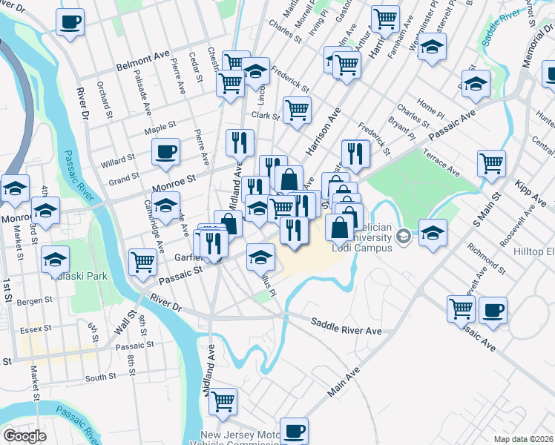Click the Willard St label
coord(118,158)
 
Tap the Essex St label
coord(35,327)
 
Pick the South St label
coord(101,378)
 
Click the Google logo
coord(25,435)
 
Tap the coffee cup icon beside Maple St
coord(165,153)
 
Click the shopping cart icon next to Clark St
coord(298,111)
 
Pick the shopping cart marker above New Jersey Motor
coord(223,402)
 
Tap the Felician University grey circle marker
coord(404,237)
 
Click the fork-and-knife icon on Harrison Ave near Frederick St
coord(355,154)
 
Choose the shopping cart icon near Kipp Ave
coord(491,164)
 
